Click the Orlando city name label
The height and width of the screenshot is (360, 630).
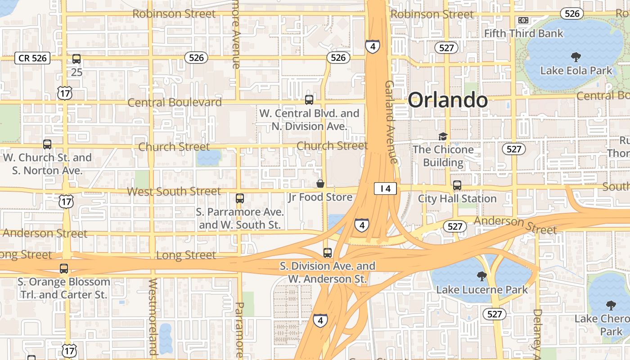pyautogui.click(x=447, y=100)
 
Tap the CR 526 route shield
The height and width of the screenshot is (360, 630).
pyautogui.click(x=32, y=58)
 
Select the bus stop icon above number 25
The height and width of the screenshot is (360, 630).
pyautogui.click(x=76, y=59)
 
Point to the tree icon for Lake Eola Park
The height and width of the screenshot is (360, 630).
pyautogui.click(x=575, y=57)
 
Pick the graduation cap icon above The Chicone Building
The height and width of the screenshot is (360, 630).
pyautogui.click(x=443, y=136)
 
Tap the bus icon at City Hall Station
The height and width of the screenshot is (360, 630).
pyautogui.click(x=457, y=185)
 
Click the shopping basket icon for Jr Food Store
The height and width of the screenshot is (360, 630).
pyautogui.click(x=320, y=184)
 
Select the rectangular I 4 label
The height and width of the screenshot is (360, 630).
pyautogui.click(x=385, y=189)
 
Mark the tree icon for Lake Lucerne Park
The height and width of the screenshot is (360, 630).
pyautogui.click(x=481, y=276)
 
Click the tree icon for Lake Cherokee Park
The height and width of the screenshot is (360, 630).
pyautogui.click(x=611, y=306)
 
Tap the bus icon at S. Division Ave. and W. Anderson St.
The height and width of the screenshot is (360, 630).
pyautogui.click(x=328, y=253)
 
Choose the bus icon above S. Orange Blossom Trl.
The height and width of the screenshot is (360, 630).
pyautogui.click(x=64, y=269)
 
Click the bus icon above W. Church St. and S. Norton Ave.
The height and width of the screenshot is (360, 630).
pyautogui.click(x=47, y=144)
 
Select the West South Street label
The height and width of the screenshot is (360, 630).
pyautogui.click(x=174, y=191)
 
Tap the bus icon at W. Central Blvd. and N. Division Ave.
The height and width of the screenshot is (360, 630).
pyautogui.click(x=309, y=100)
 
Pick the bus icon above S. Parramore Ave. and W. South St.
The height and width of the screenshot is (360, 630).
pyautogui.click(x=240, y=198)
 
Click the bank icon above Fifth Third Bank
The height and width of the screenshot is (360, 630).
pyautogui.click(x=523, y=20)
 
